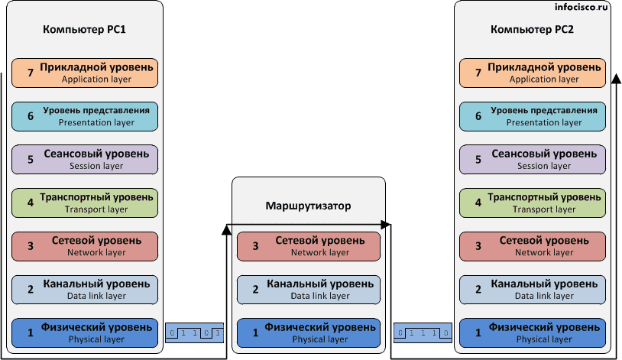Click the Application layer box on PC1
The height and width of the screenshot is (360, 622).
click(x=85, y=73)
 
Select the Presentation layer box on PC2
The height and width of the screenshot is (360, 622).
click(x=533, y=116)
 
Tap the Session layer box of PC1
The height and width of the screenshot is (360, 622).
click(x=85, y=159)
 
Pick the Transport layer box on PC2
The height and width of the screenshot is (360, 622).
click(x=533, y=203)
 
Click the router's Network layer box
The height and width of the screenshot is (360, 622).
click(x=309, y=246)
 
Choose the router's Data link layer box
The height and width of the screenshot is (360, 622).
click(x=309, y=289)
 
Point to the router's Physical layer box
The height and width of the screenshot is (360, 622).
click(x=309, y=332)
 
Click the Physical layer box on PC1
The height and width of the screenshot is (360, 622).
click(x=85, y=332)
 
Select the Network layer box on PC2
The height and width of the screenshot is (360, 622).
click(x=533, y=246)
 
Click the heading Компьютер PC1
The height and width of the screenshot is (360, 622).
click(x=85, y=30)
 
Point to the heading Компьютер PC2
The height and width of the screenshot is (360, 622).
click(x=533, y=30)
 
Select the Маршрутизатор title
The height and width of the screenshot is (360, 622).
click(x=308, y=206)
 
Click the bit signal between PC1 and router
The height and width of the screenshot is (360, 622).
click(x=195, y=333)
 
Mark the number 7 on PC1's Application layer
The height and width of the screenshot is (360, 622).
click(x=31, y=73)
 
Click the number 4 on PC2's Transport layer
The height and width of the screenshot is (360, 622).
click(x=478, y=203)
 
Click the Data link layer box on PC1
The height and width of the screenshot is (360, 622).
click(x=85, y=289)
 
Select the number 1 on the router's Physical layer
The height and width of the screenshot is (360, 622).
click(x=254, y=332)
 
